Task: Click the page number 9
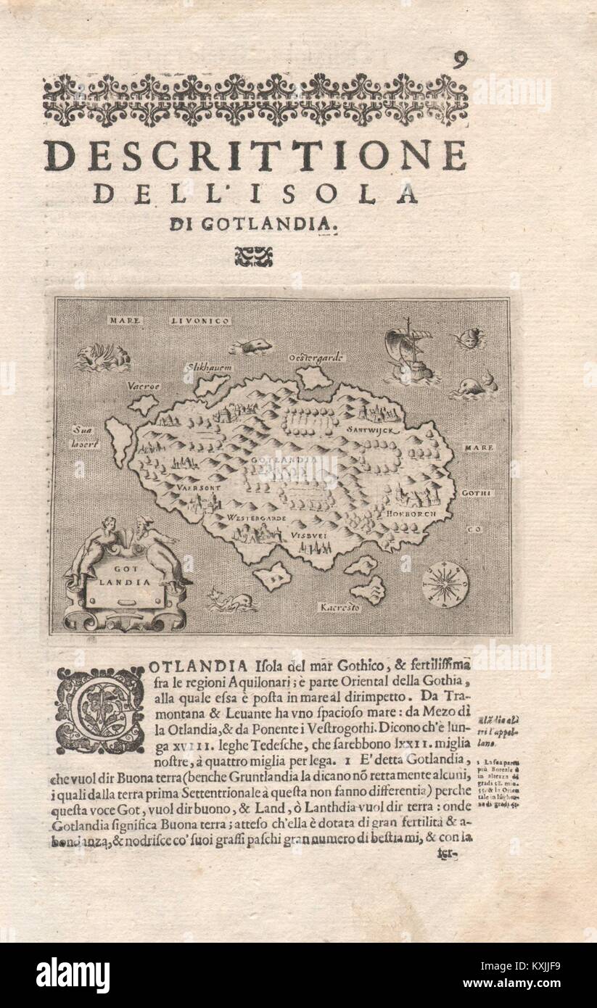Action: [459, 60]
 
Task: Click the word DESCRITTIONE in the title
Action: [255, 155]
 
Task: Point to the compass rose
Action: [445, 584]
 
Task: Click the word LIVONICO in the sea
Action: [200, 320]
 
